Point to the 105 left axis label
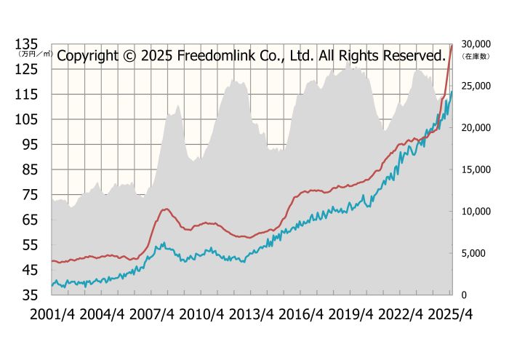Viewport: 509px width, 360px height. tap(29, 119)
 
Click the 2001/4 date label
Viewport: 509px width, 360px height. tap(53, 316)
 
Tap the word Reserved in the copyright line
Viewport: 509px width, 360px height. tap(407, 55)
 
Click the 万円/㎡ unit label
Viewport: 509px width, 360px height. tap(35, 53)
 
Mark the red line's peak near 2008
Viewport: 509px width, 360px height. tap(166, 209)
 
